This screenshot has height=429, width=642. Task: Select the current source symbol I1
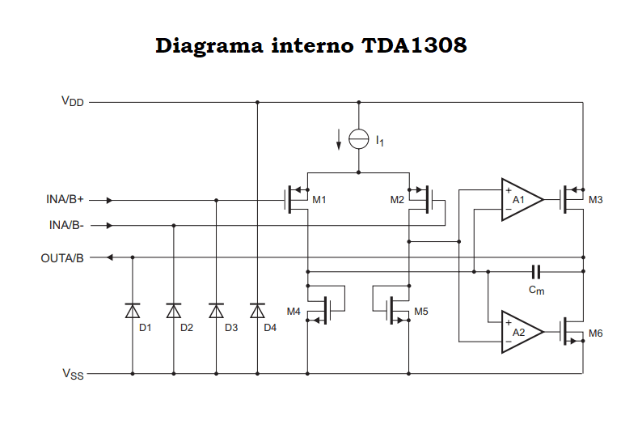[x=359, y=139]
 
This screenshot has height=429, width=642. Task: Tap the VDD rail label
[x=73, y=102]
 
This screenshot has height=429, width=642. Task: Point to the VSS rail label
[x=73, y=374]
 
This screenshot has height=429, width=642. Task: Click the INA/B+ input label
[x=65, y=199]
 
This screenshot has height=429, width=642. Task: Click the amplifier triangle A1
[x=519, y=199]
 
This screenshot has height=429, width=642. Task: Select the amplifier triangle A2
[x=519, y=332]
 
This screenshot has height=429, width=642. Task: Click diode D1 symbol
[x=133, y=310]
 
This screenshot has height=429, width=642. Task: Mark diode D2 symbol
[x=174, y=310]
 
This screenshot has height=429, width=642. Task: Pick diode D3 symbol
[x=216, y=310]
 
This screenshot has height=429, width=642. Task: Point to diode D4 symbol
[x=257, y=310]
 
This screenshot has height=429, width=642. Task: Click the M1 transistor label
[x=319, y=200]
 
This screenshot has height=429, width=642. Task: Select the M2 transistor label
[x=397, y=200]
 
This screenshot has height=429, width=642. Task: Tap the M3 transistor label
[x=596, y=200]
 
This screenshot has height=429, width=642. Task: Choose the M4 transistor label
[x=294, y=311]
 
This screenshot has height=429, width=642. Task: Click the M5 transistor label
[x=421, y=311]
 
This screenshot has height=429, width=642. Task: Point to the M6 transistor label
[x=596, y=333]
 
